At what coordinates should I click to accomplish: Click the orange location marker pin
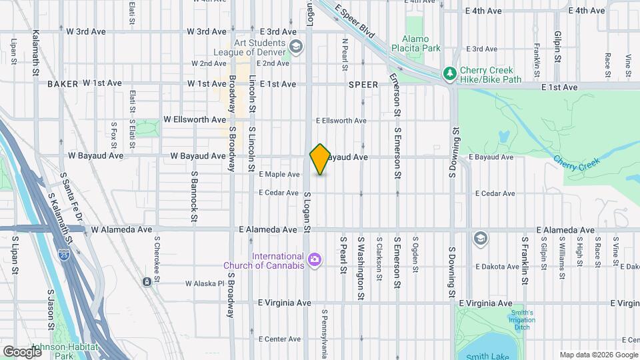[x=320, y=159]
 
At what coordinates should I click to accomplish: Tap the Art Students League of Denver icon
[x=296, y=47]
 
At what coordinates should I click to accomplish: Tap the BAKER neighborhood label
[x=63, y=84]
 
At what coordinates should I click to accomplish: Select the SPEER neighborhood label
[x=363, y=85]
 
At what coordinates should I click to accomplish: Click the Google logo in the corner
[x=21, y=351]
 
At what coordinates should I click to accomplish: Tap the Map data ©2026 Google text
[x=598, y=355]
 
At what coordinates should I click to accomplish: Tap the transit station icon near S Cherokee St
[x=146, y=282]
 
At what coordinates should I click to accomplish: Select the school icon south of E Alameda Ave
[x=479, y=238]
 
